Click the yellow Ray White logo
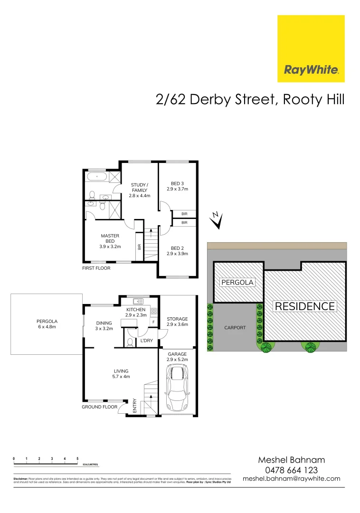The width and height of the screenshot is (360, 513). click(311, 48)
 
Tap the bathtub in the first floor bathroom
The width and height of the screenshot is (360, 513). click(96, 177)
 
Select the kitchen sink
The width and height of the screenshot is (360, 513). click(138, 301)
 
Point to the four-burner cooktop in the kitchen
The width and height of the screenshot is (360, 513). click(154, 311)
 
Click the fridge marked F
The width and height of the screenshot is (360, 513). click(153, 323)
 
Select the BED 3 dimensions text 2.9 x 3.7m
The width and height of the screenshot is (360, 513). click(178, 189)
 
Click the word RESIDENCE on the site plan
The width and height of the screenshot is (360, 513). click(305, 306)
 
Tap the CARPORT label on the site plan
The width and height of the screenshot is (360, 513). click(235, 328)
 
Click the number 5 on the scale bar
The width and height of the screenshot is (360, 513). click(77, 459)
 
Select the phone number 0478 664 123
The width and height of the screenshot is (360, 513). click(291, 469)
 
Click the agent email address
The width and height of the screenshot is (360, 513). click(291, 479)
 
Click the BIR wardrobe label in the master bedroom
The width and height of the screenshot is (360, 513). click(139, 247)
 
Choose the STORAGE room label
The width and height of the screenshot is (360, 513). click(177, 319)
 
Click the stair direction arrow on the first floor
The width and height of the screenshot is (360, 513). click(151, 233)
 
